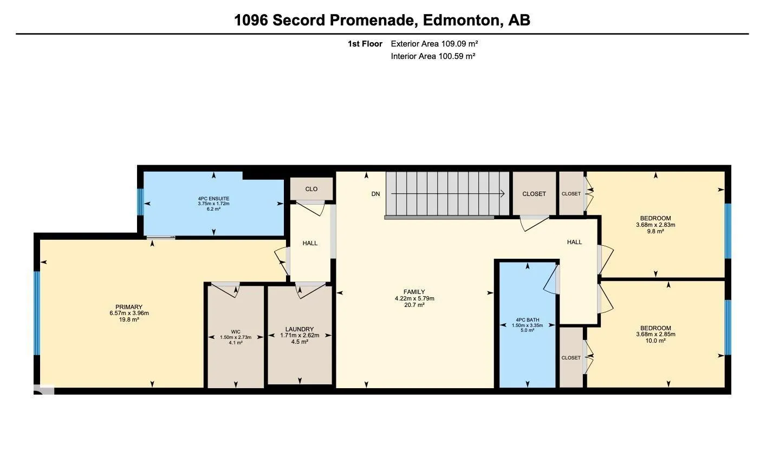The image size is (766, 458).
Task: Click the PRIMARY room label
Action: [129, 307]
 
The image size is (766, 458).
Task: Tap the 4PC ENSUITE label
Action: [213, 199]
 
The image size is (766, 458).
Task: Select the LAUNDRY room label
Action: [300, 329]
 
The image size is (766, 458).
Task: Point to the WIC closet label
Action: [236, 332]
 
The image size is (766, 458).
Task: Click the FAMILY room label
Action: [414, 292]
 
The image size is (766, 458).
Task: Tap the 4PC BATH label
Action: [527, 319]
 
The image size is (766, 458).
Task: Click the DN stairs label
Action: [375, 194]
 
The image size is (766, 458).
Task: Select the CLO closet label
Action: [311, 189]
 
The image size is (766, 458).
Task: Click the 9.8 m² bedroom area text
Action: [655, 231]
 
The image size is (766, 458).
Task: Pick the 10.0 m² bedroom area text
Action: [655, 341]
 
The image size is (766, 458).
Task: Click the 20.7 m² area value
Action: [414, 305]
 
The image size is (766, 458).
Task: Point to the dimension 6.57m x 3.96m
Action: [129, 313]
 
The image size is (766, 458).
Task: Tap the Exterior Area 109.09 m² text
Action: [434, 44]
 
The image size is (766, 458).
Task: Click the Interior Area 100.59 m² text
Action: [433, 56]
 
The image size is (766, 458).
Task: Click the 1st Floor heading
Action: [365, 44]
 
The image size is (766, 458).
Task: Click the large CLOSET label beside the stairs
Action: [534, 194]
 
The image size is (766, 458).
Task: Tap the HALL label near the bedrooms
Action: [574, 242]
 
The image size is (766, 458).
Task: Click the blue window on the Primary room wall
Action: [37, 313]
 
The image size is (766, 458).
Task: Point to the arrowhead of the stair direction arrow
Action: [503, 194]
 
